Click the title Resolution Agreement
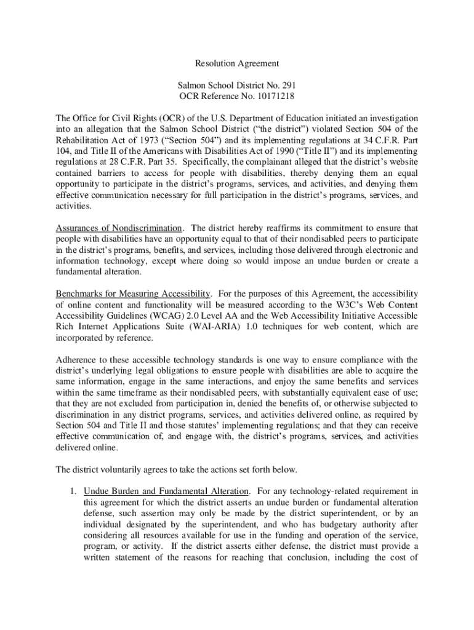pos(237,63)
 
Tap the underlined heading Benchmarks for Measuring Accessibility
pos(134,293)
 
